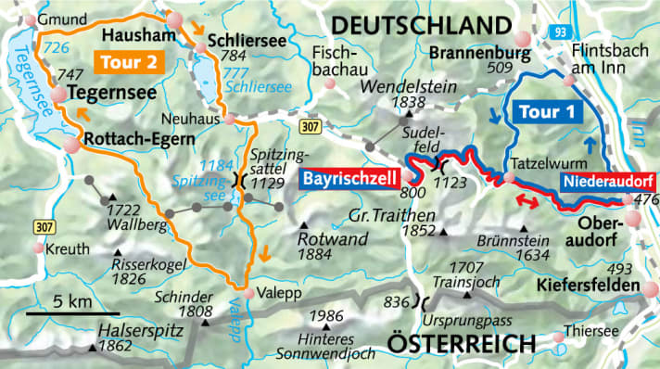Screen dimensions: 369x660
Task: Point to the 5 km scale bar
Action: (x=72, y=313)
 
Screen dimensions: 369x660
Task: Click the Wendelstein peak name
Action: (x=399, y=86)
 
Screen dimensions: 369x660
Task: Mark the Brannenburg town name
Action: (x=471, y=54)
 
